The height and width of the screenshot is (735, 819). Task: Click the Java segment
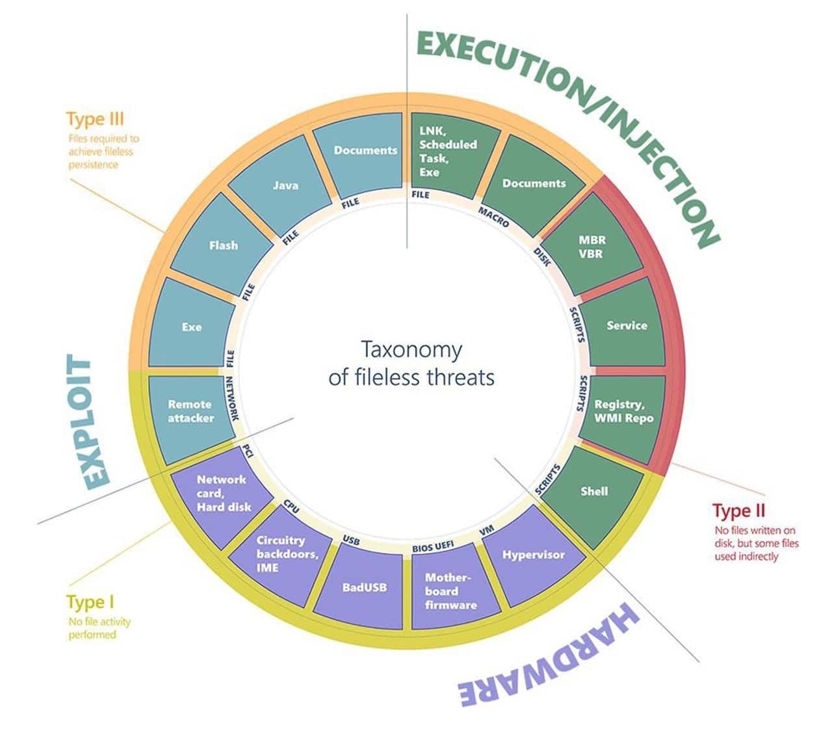pyautogui.click(x=285, y=185)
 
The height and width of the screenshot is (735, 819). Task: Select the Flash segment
pyautogui.click(x=223, y=246)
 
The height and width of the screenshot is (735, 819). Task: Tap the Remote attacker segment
pyautogui.click(x=190, y=412)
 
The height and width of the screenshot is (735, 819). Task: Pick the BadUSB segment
pyautogui.click(x=364, y=587)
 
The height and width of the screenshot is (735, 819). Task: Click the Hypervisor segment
pyautogui.click(x=534, y=555)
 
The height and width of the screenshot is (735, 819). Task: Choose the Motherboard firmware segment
pyautogui.click(x=450, y=591)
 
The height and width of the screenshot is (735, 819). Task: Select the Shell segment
pyautogui.click(x=593, y=492)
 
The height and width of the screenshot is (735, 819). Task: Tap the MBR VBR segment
pyautogui.click(x=591, y=247)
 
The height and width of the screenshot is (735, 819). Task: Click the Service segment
pyautogui.click(x=627, y=325)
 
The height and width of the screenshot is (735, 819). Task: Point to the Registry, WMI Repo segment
pyautogui.click(x=623, y=412)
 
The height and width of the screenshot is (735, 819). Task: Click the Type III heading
pyautogui.click(x=94, y=119)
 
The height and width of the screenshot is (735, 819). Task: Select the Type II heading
pyautogui.click(x=738, y=510)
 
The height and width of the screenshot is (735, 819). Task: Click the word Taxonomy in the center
pyautogui.click(x=411, y=349)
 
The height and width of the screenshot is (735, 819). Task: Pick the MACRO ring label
pyautogui.click(x=494, y=216)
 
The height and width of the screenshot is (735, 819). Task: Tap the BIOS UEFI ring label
pyautogui.click(x=432, y=546)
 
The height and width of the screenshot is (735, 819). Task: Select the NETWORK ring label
pyautogui.click(x=232, y=398)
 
